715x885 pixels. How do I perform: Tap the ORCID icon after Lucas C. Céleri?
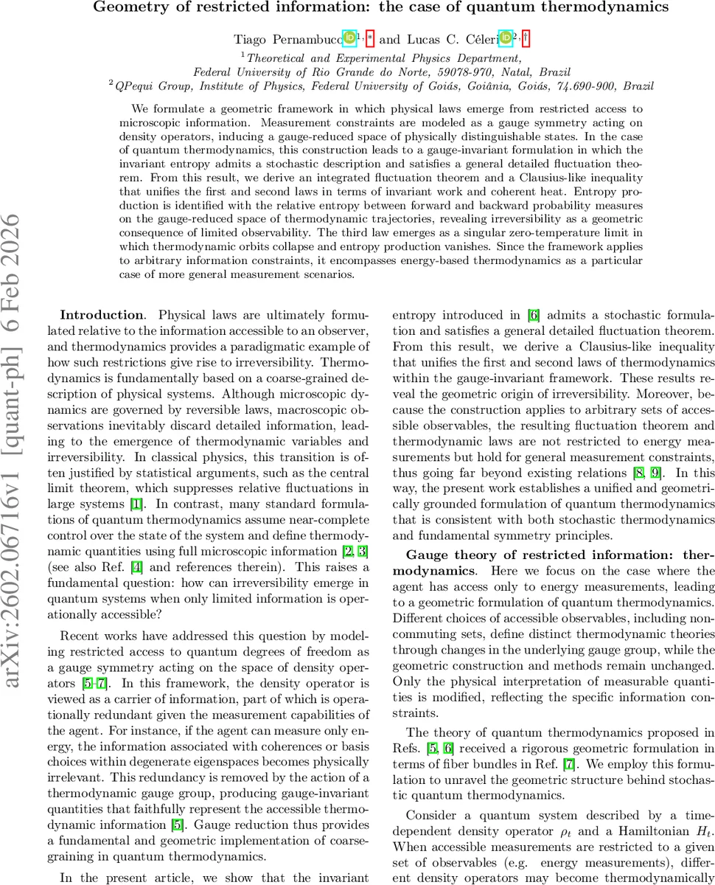click(x=505, y=37)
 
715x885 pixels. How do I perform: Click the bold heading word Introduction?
click(x=101, y=314)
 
